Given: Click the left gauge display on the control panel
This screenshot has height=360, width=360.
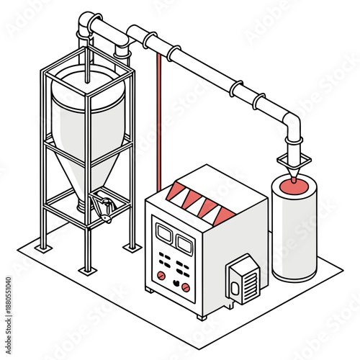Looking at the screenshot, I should click(x=163, y=234).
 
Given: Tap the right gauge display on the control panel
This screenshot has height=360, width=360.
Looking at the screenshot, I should click(x=184, y=245).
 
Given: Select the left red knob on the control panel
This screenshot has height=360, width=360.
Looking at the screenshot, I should click(x=162, y=275).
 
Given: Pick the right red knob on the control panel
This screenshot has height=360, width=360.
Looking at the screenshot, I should click(x=185, y=287).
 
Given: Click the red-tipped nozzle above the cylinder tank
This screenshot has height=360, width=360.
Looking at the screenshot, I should click(x=295, y=174).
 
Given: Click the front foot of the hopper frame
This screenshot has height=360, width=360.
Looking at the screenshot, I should click(x=87, y=270).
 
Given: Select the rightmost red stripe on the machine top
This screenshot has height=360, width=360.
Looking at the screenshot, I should click(x=223, y=215).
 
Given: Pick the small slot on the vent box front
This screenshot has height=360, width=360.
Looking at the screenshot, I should click(x=235, y=287).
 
